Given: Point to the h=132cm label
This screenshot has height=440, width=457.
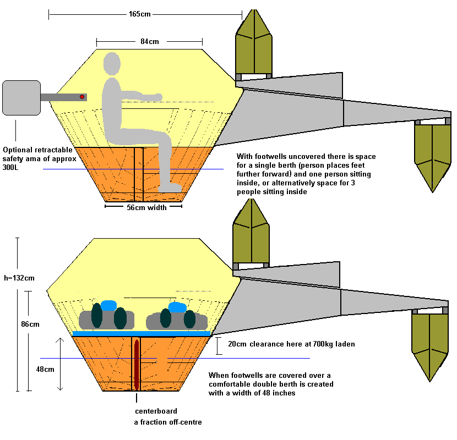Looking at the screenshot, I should (x=19, y=278).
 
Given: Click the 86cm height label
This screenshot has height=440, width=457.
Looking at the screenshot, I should (x=31, y=324).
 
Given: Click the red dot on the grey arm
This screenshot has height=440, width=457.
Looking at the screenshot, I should (x=83, y=97).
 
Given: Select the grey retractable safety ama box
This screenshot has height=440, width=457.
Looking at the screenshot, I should (x=21, y=98).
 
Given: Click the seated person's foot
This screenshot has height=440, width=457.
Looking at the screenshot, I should (x=170, y=188).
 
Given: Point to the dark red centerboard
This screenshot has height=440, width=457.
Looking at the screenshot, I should (x=136, y=366).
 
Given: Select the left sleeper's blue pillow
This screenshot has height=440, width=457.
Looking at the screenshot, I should (x=108, y=306).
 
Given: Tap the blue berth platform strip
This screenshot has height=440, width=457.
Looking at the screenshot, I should (x=142, y=333).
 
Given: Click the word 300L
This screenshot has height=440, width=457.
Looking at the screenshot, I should (x=12, y=170).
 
